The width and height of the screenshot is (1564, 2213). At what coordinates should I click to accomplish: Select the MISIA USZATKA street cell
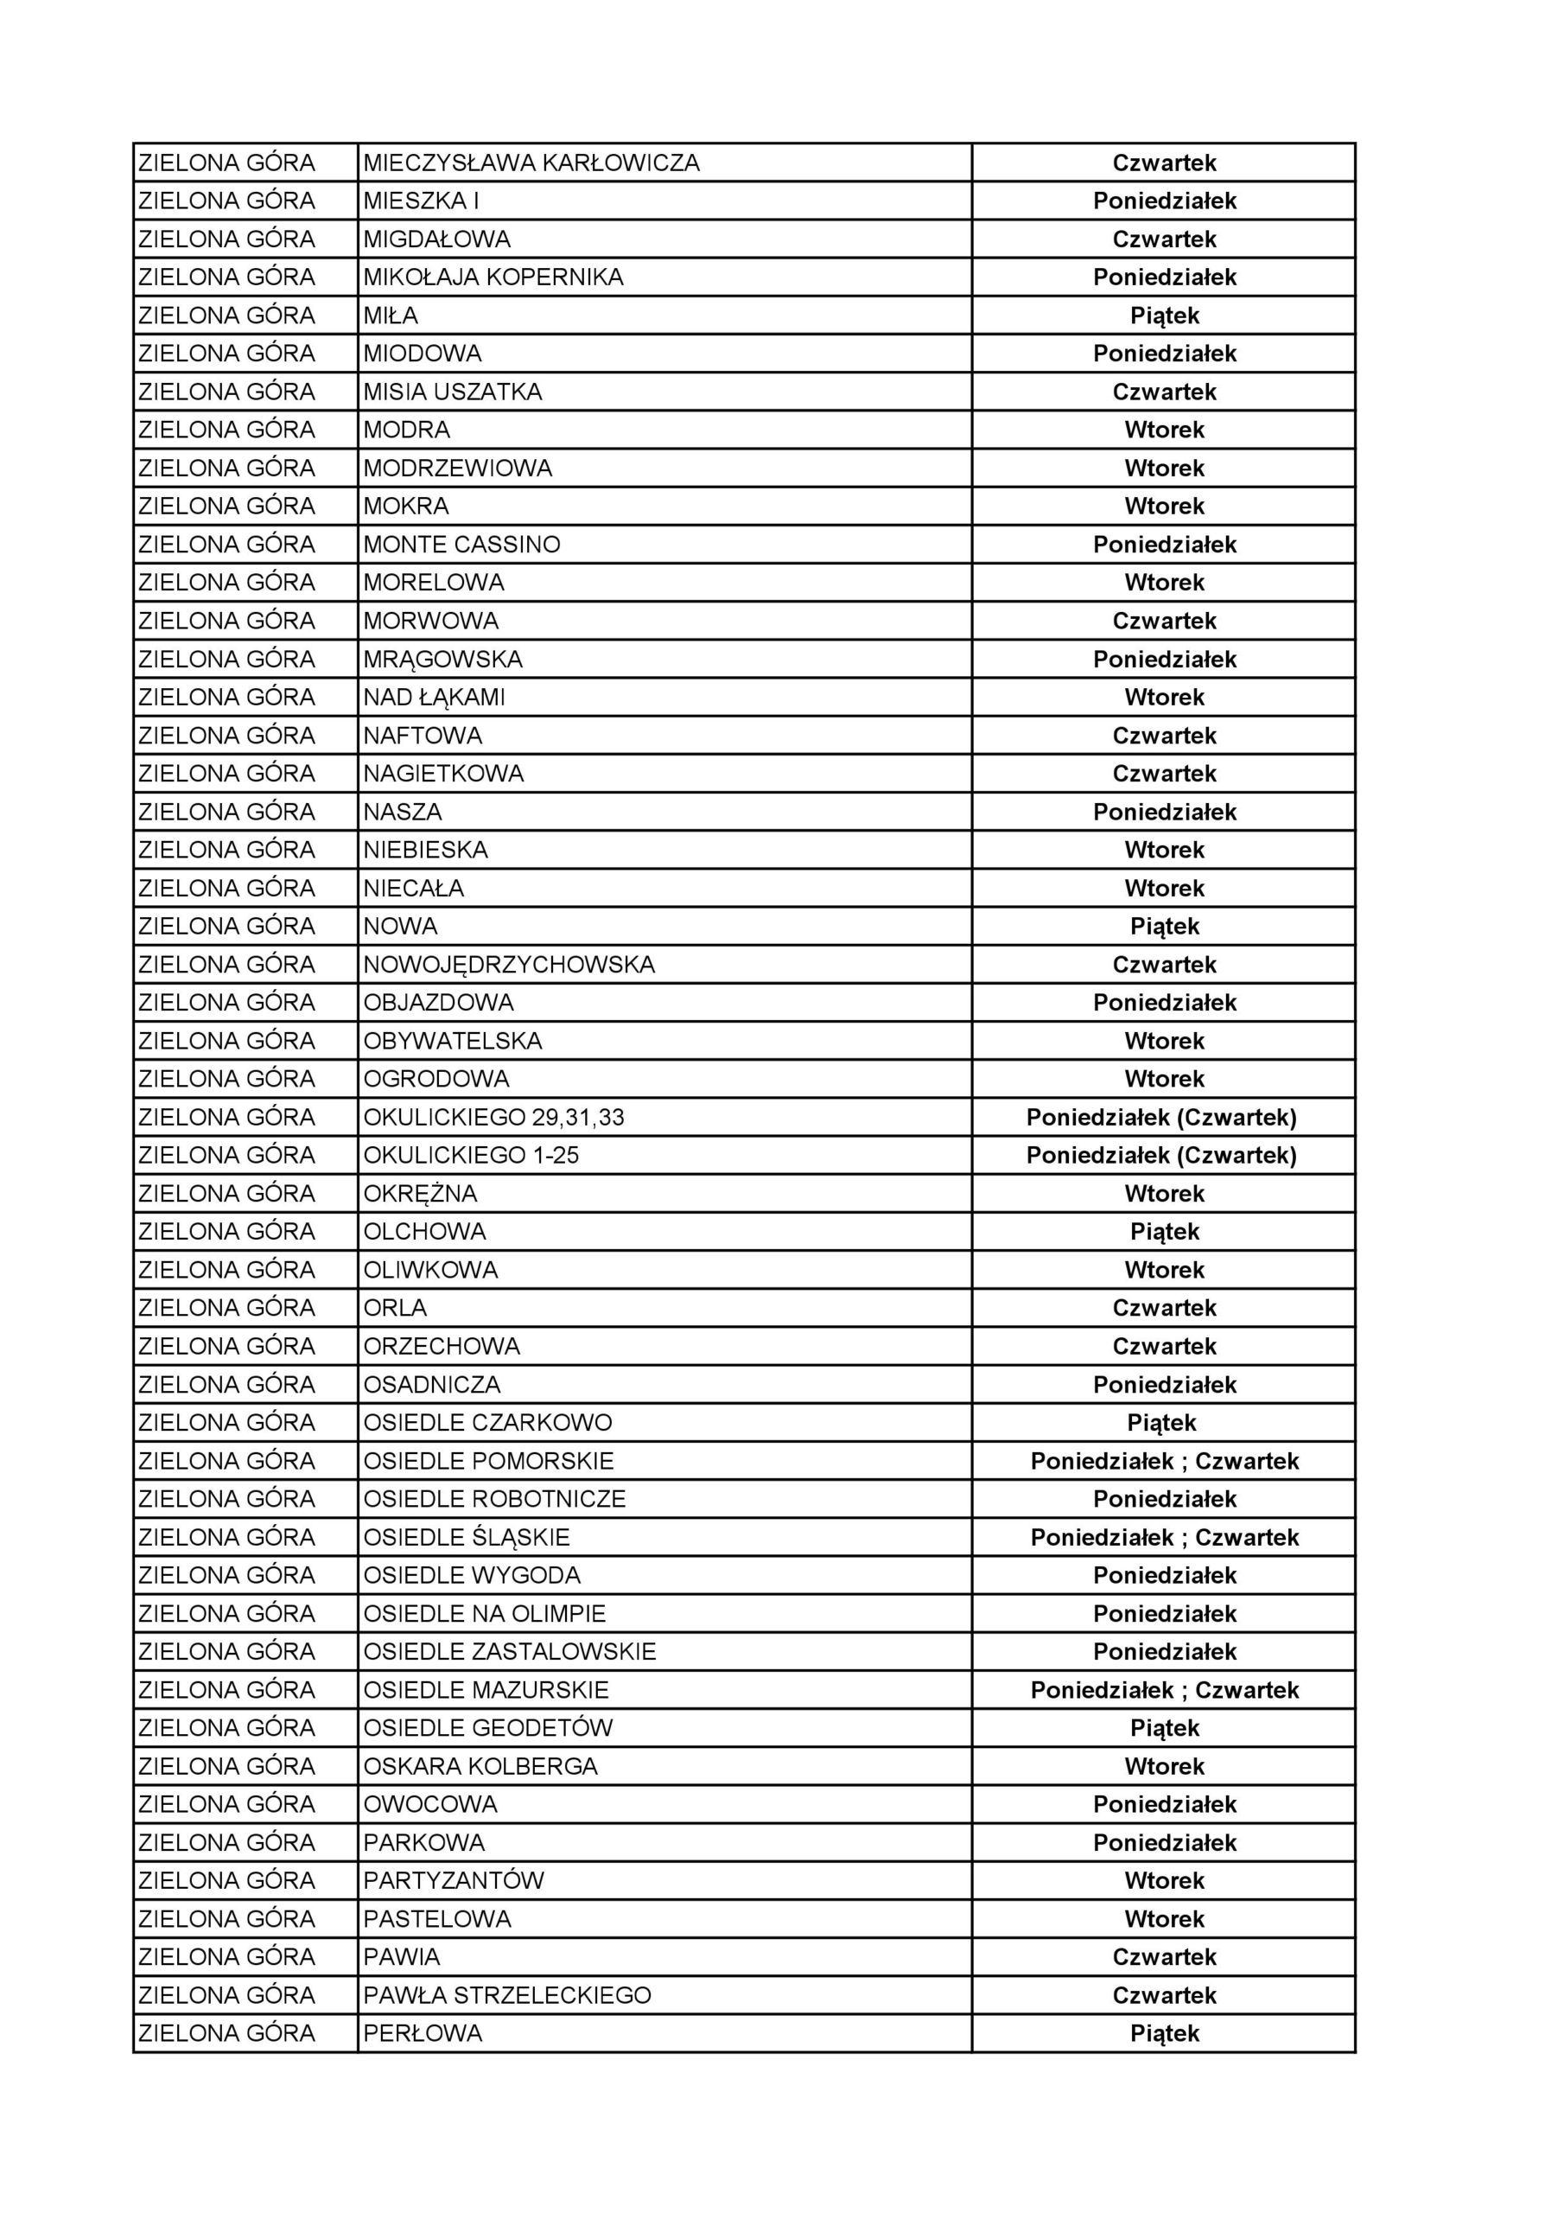[x=452, y=392]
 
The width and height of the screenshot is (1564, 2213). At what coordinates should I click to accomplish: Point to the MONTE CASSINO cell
[x=461, y=545]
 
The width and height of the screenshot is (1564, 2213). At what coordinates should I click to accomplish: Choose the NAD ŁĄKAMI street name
[x=434, y=697]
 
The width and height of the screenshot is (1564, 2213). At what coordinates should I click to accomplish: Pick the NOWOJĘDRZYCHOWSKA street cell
[x=509, y=965]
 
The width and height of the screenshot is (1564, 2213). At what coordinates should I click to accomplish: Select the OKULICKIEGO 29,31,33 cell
[x=493, y=1117]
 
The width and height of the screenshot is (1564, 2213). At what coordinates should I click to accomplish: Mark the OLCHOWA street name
[x=424, y=1232]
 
